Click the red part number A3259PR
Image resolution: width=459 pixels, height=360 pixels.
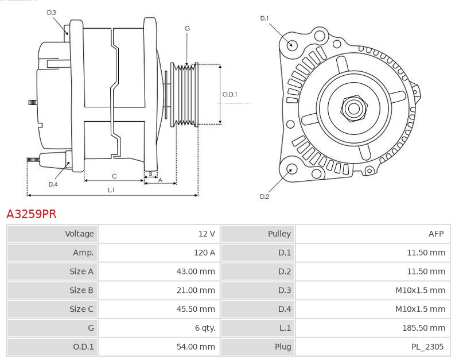pyautogui.click(x=32, y=214)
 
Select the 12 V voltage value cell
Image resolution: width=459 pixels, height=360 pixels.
pyautogui.click(x=207, y=234)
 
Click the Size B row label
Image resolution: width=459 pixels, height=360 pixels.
pyautogui.click(x=81, y=291)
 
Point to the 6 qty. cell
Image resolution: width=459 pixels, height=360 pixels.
pyautogui.click(x=205, y=328)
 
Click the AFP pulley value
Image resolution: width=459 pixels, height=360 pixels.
pyautogui.click(x=436, y=234)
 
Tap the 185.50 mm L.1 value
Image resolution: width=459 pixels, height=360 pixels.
pyautogui.click(x=423, y=328)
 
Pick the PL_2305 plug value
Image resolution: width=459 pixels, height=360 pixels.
pyautogui.click(x=427, y=347)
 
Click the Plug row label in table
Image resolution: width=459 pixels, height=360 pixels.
pyautogui.click(x=282, y=347)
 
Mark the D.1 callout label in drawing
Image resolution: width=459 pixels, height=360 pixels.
pyautogui.click(x=264, y=18)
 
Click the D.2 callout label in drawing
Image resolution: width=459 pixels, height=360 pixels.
pyautogui.click(x=264, y=196)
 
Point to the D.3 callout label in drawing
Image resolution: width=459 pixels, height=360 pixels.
pyautogui.click(x=52, y=12)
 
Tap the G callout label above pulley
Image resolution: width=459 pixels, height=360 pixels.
pyautogui.click(x=187, y=28)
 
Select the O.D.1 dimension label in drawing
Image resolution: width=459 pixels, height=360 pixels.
pyautogui.click(x=229, y=95)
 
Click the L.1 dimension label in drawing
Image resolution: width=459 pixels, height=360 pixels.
pyautogui.click(x=111, y=189)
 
